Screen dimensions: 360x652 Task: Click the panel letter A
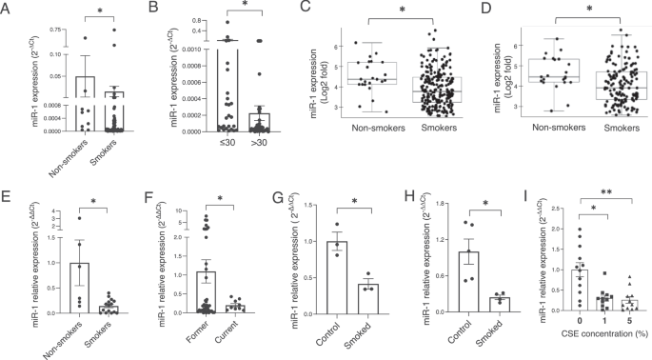[8, 9]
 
